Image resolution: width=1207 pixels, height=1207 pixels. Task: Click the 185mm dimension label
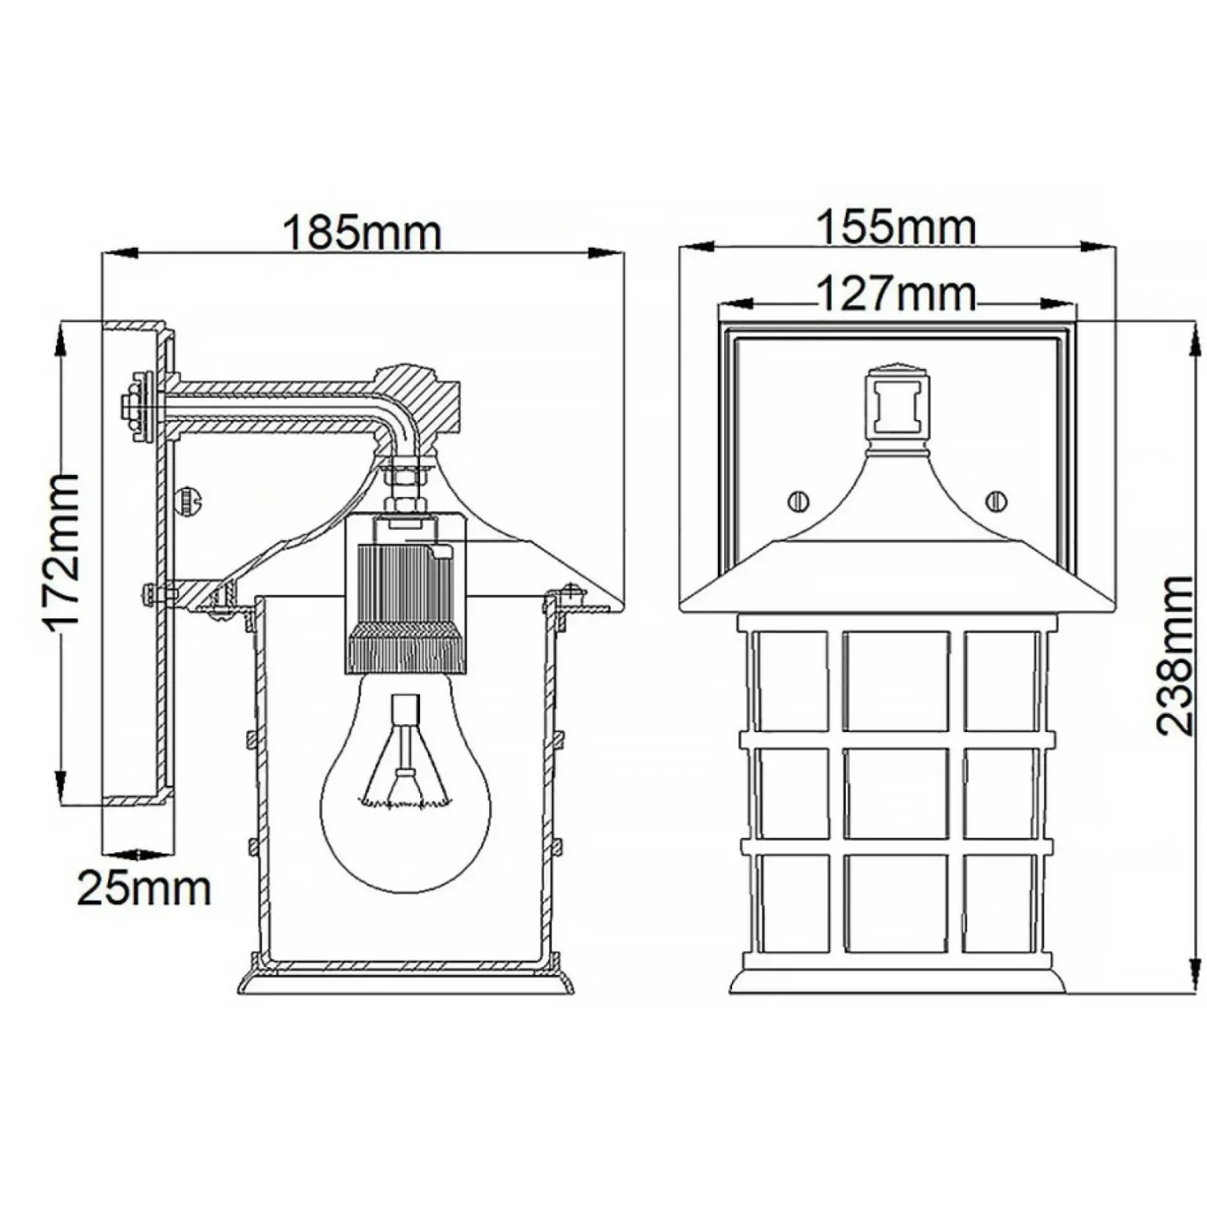click(x=362, y=232)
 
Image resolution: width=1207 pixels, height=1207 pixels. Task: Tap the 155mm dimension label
click(x=897, y=227)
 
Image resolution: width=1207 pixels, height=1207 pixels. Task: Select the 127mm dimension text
click(x=897, y=295)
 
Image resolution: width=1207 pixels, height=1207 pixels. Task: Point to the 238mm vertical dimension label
click(x=1175, y=655)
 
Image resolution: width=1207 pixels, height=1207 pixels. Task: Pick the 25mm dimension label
click(x=144, y=889)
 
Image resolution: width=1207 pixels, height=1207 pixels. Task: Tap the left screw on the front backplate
click(x=799, y=500)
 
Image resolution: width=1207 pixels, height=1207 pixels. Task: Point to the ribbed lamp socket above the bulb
click(x=405, y=596)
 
